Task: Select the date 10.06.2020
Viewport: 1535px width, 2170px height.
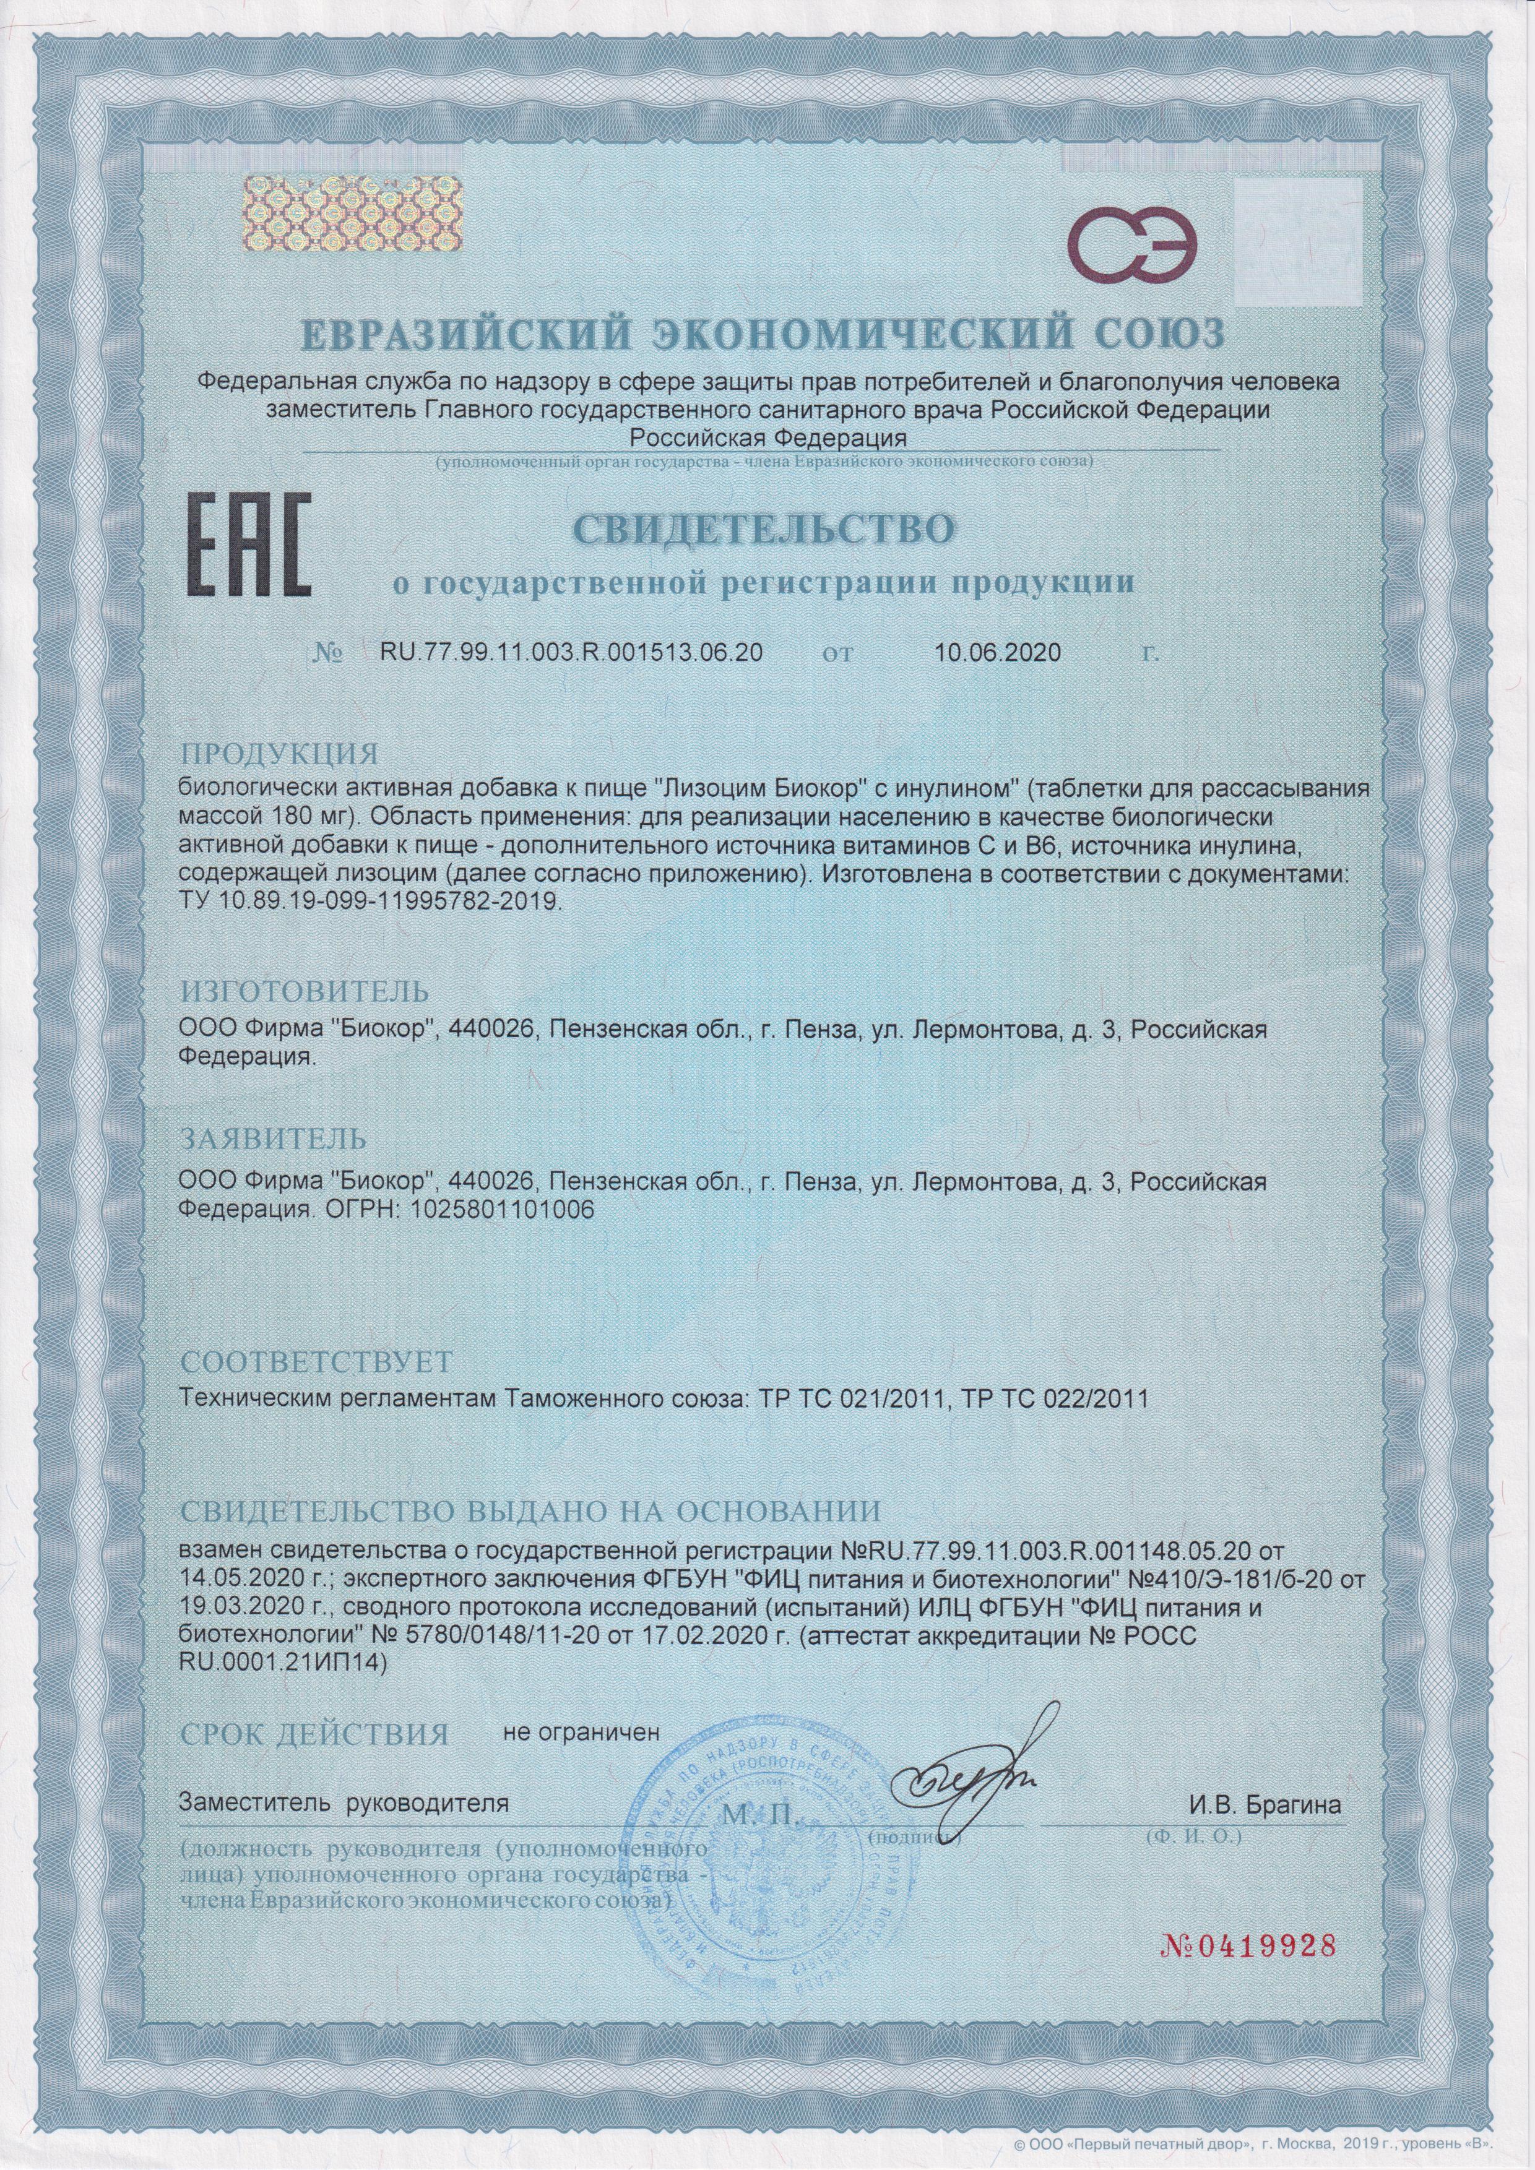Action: [997, 653]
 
